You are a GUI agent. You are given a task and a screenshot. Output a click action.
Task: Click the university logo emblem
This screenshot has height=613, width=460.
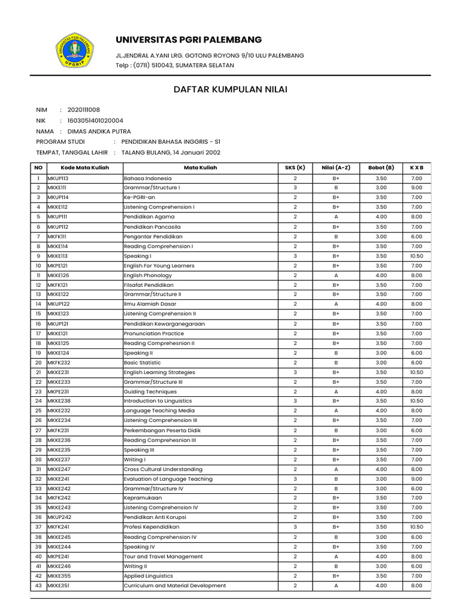[x=75, y=51]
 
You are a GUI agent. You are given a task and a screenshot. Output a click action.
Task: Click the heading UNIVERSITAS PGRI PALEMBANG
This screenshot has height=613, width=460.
[x=189, y=40]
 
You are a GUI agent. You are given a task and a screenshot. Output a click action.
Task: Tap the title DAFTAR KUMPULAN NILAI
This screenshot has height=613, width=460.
[x=230, y=89]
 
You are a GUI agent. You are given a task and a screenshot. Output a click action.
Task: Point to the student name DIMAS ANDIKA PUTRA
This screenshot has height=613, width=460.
[x=99, y=131]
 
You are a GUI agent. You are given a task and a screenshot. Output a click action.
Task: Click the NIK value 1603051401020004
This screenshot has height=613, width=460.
[x=99, y=120]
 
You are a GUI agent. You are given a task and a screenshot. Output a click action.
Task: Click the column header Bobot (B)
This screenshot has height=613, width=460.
[x=381, y=168]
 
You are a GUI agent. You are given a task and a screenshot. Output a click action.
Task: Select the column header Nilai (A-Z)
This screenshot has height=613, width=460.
[x=336, y=168]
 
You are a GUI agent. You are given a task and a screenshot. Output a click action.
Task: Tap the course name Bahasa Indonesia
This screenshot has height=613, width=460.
[x=147, y=178]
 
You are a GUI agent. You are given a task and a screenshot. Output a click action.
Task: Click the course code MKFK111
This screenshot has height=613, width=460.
[x=57, y=236]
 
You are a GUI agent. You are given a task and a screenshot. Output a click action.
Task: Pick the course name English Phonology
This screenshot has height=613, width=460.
[x=147, y=275]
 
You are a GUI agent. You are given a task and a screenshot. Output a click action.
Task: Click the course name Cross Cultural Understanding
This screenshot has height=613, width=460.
[x=163, y=469]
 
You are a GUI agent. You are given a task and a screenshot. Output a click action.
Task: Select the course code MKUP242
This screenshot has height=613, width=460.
[x=59, y=517]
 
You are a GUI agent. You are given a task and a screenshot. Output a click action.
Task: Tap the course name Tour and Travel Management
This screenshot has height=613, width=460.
[x=163, y=556]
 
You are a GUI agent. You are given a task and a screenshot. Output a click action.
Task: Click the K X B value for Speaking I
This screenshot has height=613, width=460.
[x=416, y=256]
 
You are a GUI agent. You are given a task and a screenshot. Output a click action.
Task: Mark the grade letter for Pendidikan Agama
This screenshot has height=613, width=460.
[x=336, y=217]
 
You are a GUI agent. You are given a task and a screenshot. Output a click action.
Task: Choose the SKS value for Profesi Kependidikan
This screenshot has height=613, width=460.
[x=295, y=527]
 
